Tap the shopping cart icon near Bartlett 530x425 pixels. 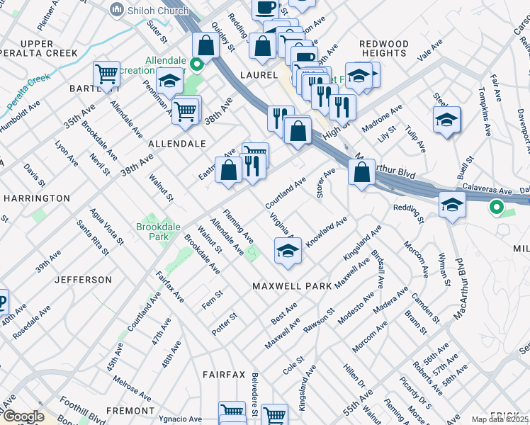(106, 73)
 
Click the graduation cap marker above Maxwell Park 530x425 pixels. (287, 250)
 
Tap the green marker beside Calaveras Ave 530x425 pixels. (497, 208)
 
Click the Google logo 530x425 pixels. (23, 416)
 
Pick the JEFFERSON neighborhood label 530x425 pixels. (82, 280)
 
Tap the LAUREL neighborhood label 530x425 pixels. (257, 74)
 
